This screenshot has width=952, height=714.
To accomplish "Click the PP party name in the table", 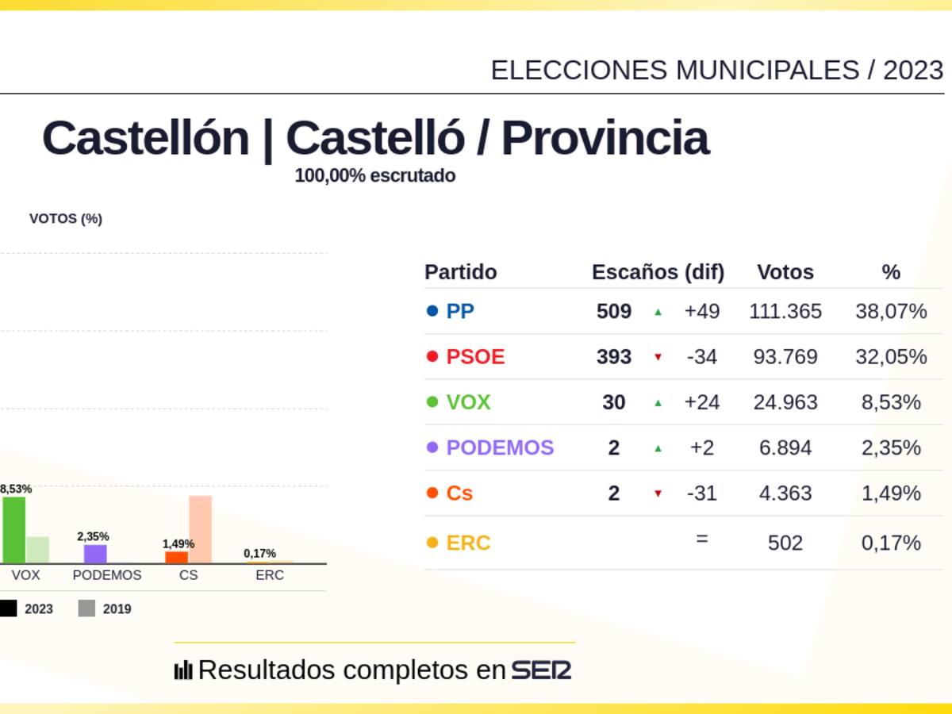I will [x=460, y=311].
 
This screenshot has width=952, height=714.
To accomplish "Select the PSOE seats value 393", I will [x=613, y=357].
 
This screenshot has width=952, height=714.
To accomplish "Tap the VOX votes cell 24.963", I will [x=785, y=402].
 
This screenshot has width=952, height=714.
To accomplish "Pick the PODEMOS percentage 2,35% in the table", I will [x=891, y=447].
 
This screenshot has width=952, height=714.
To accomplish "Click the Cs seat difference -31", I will [x=701, y=493].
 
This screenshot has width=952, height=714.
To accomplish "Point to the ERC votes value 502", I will [x=785, y=543].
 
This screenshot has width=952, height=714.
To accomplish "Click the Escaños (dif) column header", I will [x=658, y=272].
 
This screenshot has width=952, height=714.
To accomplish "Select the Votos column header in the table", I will [x=785, y=272].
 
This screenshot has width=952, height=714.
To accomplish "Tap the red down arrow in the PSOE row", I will [x=658, y=358].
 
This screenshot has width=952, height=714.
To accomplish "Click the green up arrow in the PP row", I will [x=658, y=312].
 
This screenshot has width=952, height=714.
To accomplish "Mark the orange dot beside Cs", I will [x=432, y=493].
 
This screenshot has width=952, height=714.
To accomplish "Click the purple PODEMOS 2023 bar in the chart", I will [x=95, y=554].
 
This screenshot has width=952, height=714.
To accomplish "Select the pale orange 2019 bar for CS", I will [x=200, y=529].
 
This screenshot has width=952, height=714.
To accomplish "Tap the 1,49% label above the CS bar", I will [x=178, y=543].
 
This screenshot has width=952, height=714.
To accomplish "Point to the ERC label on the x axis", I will [x=270, y=575].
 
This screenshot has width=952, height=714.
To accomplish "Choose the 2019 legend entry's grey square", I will [x=86, y=608].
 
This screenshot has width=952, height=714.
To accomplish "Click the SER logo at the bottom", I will [x=541, y=670].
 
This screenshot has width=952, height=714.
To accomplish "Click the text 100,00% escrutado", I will [x=374, y=175].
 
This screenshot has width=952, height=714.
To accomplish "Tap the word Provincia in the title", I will [x=605, y=138].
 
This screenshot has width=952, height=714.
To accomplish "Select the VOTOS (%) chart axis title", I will [x=66, y=219].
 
